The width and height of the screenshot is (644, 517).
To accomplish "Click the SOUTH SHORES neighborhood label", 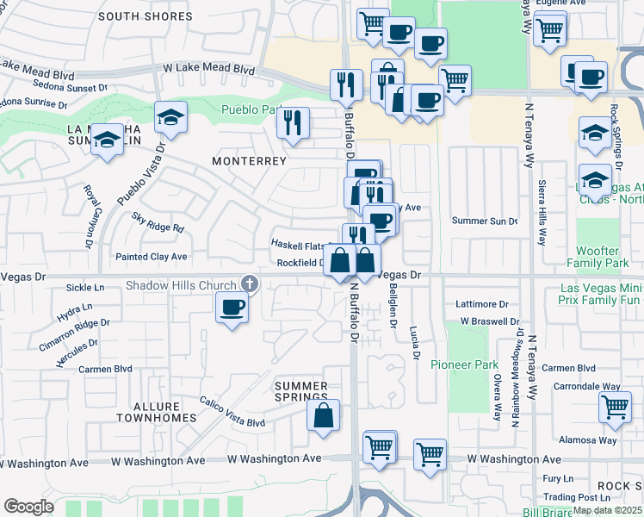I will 145,16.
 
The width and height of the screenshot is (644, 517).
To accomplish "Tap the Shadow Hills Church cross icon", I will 249,283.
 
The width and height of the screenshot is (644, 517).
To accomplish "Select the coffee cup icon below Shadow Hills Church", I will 232,308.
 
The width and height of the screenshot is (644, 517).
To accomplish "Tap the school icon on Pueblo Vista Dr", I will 171,117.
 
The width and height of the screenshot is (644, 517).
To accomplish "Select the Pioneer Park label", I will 464,364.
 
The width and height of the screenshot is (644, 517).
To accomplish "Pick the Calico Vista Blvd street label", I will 232,412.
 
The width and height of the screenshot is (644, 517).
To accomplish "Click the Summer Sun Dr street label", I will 485,221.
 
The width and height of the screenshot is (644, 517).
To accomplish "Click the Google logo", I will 28,507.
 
